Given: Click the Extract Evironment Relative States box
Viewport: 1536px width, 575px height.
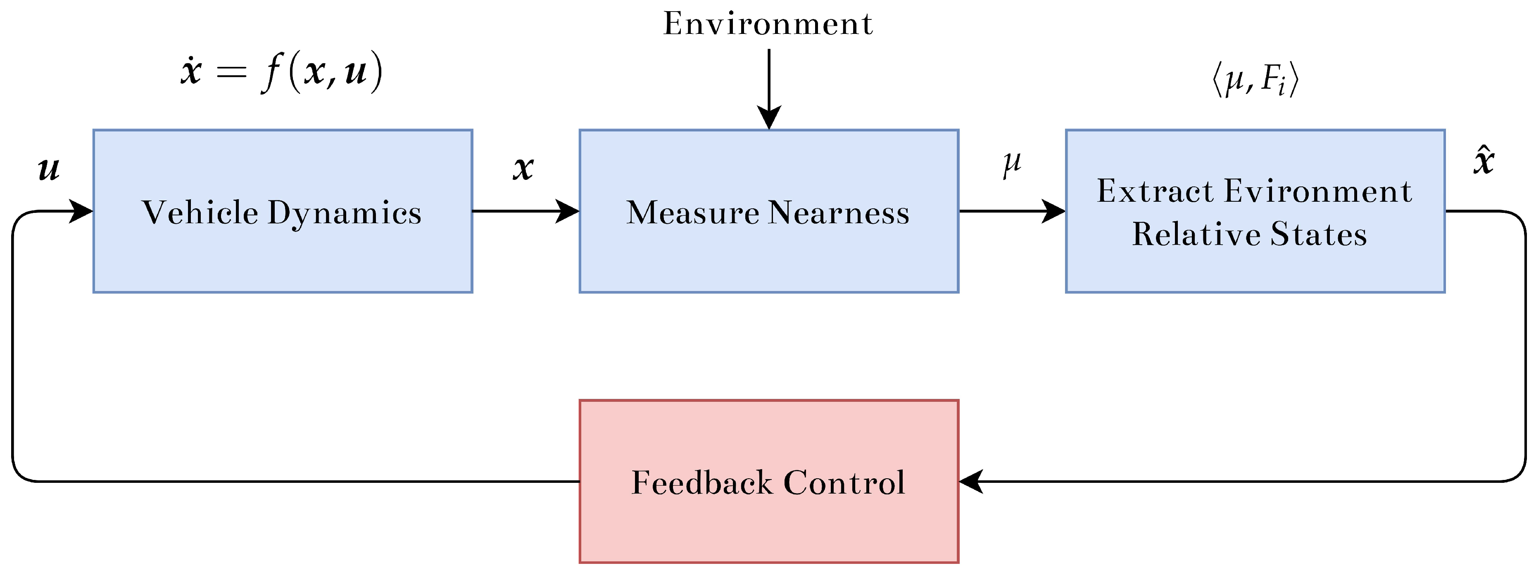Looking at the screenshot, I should pyautogui.click(x=1255, y=268).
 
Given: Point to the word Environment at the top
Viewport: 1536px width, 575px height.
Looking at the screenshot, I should pyautogui.click(x=768, y=24).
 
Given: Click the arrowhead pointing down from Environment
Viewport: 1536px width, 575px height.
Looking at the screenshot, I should pyautogui.click(x=769, y=117).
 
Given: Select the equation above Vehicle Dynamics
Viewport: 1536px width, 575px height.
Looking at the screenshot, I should pyautogui.click(x=281, y=72).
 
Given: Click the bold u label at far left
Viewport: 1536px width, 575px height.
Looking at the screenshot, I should pyautogui.click(x=49, y=168).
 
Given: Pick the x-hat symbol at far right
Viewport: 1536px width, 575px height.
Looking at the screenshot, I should pyautogui.click(x=1484, y=161).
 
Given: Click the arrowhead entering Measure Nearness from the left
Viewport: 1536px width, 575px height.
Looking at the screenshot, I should pyautogui.click(x=568, y=211).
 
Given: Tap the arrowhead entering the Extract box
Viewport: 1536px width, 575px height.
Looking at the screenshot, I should pyautogui.click(x=1053, y=211).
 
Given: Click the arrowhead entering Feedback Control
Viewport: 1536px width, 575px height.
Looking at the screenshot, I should pyautogui.click(x=971, y=481).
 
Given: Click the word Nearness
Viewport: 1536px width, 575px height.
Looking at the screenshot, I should pyautogui.click(x=839, y=212).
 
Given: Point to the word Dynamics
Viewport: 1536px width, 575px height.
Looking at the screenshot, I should pyautogui.click(x=344, y=213).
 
